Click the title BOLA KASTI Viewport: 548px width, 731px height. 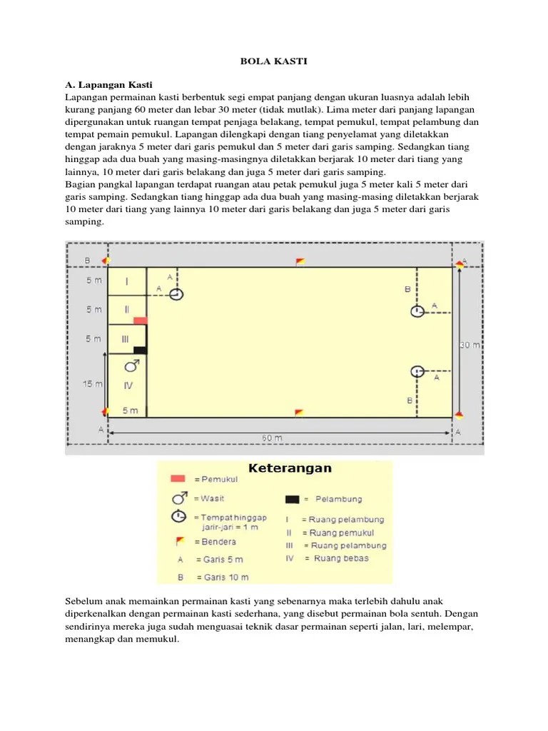[273, 62]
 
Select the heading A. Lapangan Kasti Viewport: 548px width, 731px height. [109, 85]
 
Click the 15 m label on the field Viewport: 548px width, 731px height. [92, 384]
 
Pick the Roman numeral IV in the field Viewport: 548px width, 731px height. [128, 385]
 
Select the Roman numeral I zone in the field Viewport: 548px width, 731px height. [127, 281]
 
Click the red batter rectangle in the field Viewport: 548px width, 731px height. [140, 321]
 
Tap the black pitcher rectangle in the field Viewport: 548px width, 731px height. [140, 350]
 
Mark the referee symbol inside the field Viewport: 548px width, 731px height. [131, 366]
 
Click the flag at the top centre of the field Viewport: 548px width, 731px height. [300, 261]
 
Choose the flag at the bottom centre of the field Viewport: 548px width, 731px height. [299, 413]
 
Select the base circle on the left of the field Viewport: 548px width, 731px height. [176, 294]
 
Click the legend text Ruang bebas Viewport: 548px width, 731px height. [339, 558]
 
